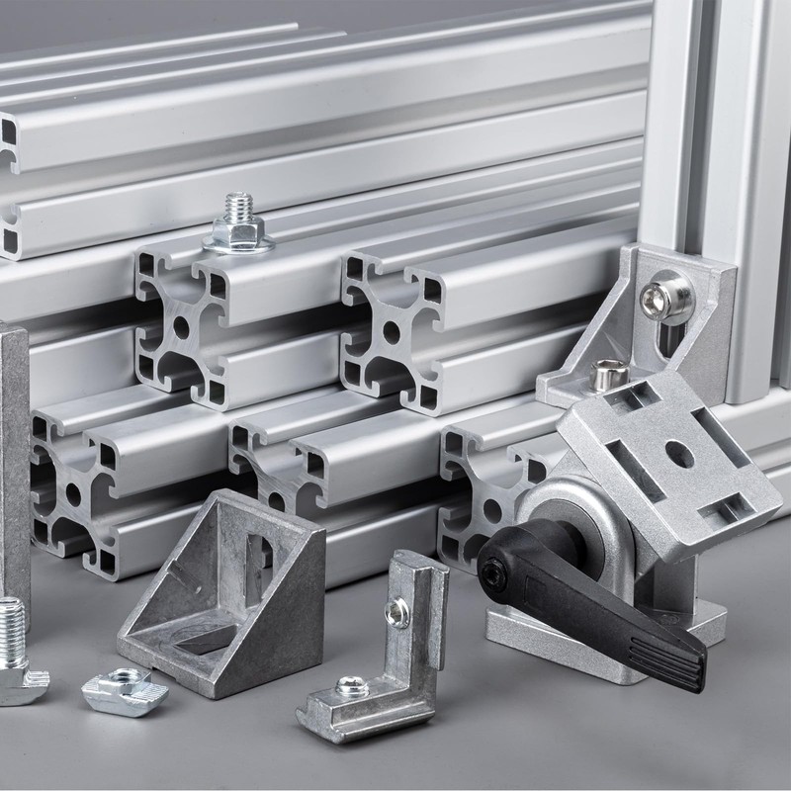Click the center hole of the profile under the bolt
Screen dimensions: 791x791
(x=184, y=326)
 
